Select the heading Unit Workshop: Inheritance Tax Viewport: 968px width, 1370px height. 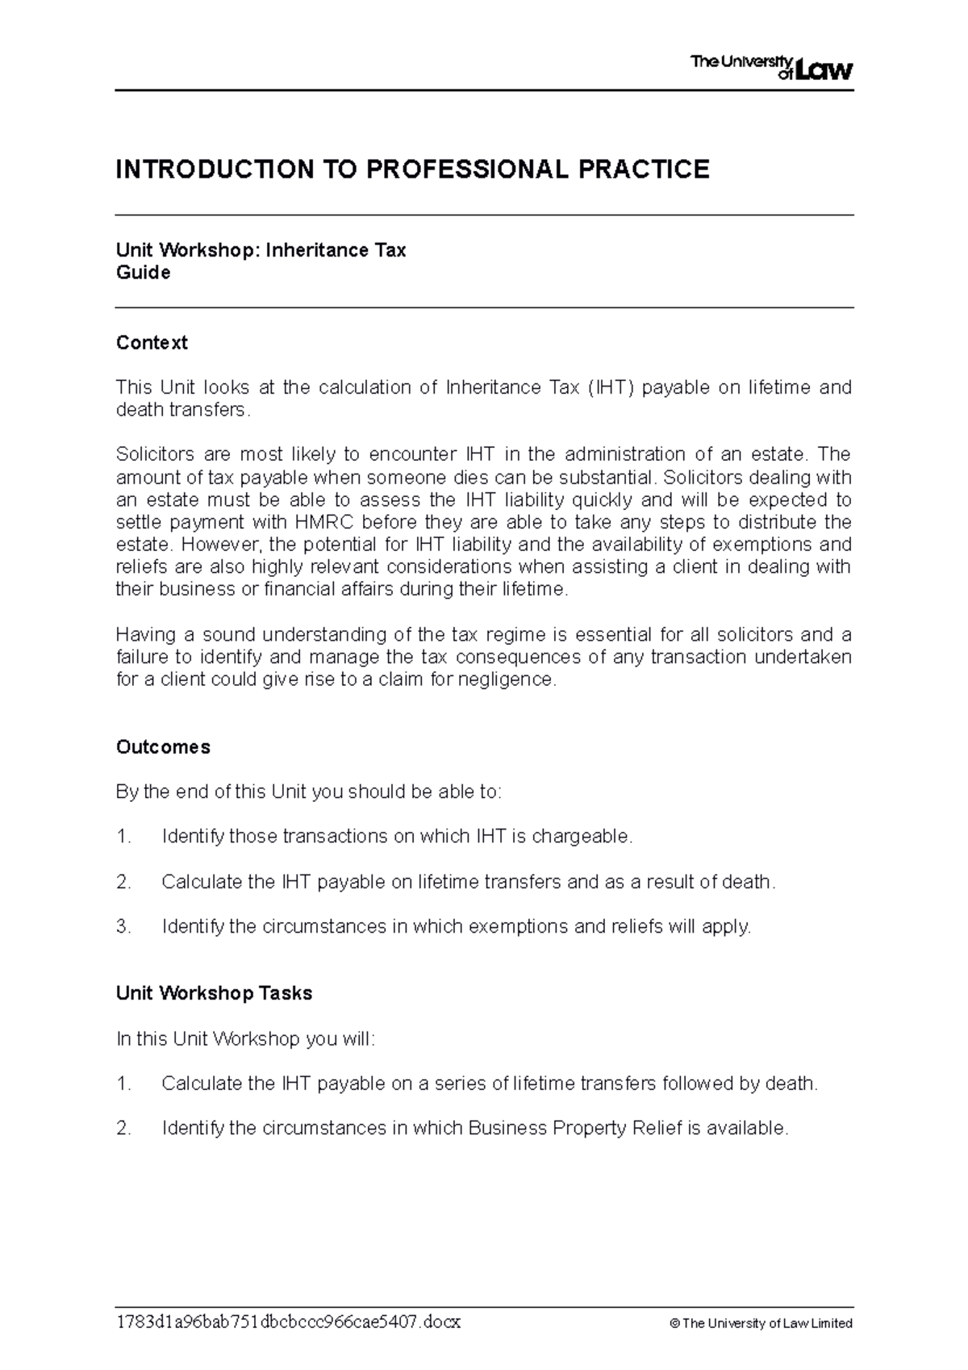(x=261, y=250)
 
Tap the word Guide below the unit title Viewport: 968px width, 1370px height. (x=143, y=273)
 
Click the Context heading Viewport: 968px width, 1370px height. (x=152, y=343)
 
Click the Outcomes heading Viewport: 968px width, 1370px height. (x=163, y=747)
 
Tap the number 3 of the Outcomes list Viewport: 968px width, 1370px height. (x=123, y=927)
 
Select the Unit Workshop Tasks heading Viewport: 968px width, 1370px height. (x=214, y=993)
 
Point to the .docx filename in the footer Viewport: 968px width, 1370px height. (x=288, y=1323)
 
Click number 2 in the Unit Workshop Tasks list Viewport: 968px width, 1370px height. (x=123, y=1128)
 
